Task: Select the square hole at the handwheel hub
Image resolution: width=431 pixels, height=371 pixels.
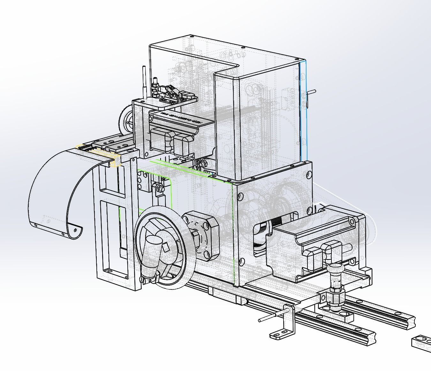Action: click(x=165, y=247)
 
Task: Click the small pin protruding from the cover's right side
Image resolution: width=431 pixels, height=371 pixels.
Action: click(x=312, y=92)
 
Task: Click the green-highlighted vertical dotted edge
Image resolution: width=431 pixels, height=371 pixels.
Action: click(x=234, y=233)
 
